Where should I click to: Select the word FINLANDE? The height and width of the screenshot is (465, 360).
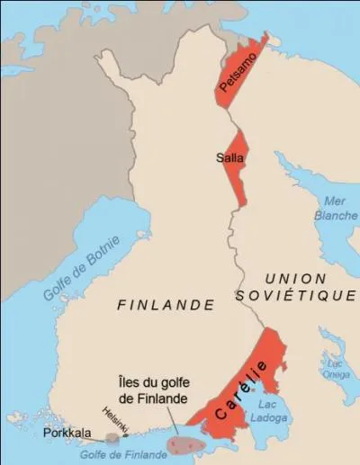166,305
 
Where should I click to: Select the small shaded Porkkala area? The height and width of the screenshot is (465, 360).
112,438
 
